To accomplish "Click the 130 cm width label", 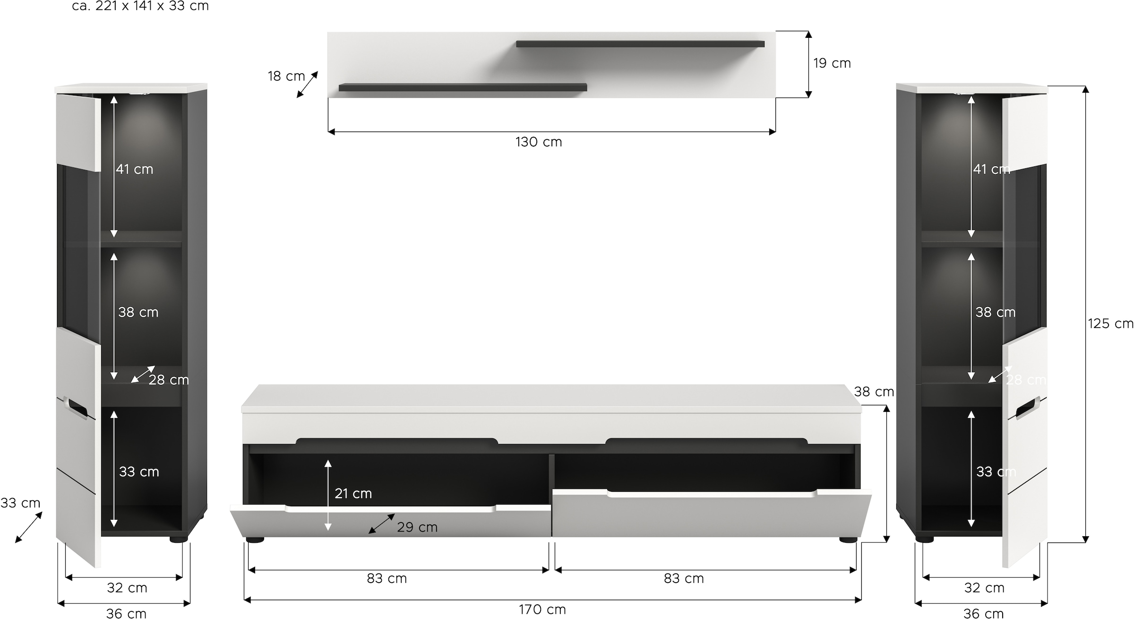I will (x=539, y=142).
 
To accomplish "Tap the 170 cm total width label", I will (x=542, y=610).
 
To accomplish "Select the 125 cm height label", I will (x=1110, y=323).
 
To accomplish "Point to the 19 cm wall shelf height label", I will (x=832, y=63).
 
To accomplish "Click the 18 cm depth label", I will (x=286, y=76).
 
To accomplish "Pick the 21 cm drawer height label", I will (x=353, y=494).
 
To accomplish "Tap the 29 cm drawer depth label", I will (x=417, y=527).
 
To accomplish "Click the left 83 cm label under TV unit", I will (x=387, y=578).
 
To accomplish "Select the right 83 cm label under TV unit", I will (x=684, y=578).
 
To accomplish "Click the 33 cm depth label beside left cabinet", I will (x=20, y=503).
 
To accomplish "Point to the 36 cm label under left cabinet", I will (x=126, y=613).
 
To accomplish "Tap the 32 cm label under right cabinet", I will (x=984, y=588).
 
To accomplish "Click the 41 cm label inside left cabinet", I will (x=135, y=169).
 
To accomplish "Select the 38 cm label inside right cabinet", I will (x=995, y=312).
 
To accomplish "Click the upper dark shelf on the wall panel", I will (x=640, y=44).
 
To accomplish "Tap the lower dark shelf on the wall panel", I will (x=463, y=87).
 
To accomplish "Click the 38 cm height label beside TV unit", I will (x=874, y=392).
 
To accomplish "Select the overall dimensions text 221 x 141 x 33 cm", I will (x=140, y=6).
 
